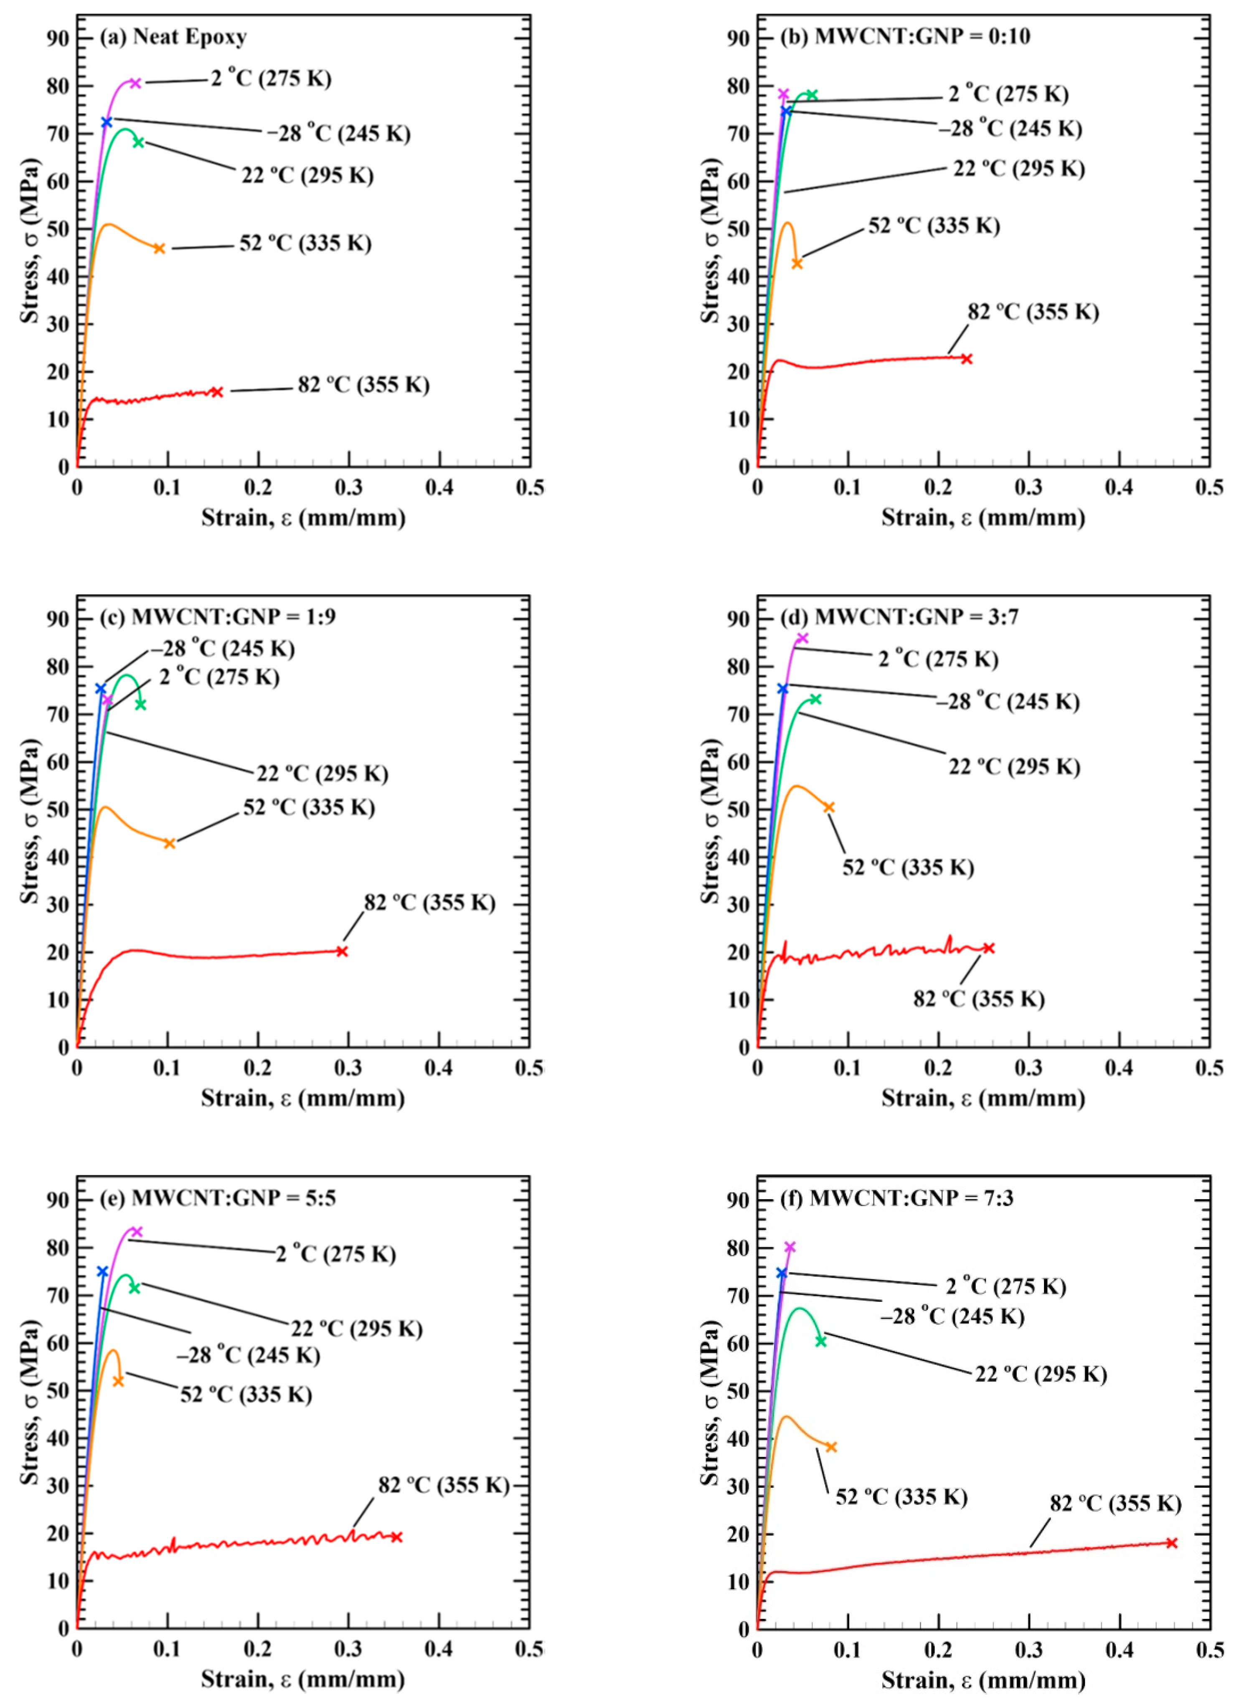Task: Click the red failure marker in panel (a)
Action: pos(217,391)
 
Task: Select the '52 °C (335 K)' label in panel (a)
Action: pos(305,243)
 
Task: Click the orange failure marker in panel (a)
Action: pos(159,249)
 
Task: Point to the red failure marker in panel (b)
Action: pos(967,359)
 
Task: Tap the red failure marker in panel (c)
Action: pos(342,951)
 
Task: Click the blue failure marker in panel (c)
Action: pos(100,689)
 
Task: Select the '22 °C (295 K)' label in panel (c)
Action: pos(322,774)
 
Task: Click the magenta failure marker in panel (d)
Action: pos(803,638)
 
